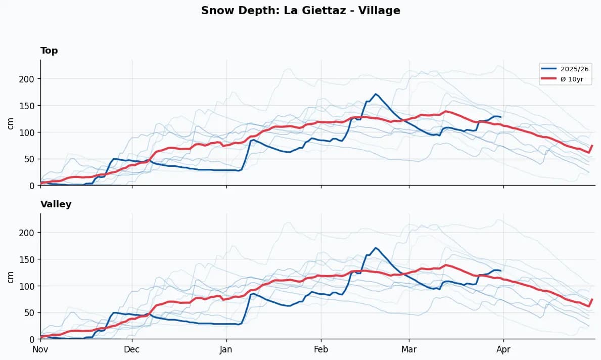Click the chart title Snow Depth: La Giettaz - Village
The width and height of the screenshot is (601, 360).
[x=300, y=11]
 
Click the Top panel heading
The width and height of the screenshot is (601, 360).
[x=49, y=51]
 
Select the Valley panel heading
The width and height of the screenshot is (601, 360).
[x=56, y=204]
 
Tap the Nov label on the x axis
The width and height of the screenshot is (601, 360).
[x=40, y=349]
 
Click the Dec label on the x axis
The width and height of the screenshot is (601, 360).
[x=132, y=349]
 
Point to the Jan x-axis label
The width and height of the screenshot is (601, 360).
[x=226, y=349]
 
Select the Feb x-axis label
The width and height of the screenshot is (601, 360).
[x=321, y=349]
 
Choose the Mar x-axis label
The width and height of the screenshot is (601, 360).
[x=409, y=349]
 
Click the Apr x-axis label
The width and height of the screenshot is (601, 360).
[x=503, y=349]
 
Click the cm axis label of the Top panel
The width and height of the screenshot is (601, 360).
[x=11, y=122]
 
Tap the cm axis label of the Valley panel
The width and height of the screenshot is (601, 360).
[x=11, y=276]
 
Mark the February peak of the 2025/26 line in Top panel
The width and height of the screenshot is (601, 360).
[x=375, y=94]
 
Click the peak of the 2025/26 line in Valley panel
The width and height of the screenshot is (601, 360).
[x=375, y=248]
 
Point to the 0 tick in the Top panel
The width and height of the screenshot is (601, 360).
[x=32, y=186]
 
